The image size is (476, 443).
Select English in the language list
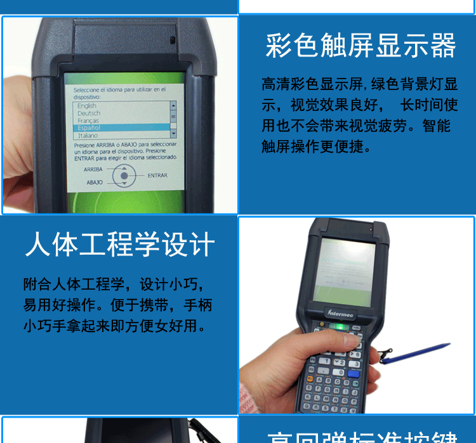87,106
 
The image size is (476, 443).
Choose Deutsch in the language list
88,113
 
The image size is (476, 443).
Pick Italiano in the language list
88,135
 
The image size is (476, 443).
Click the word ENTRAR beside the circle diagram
157,175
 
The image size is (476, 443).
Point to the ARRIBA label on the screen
93,169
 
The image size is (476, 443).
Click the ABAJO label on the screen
94,182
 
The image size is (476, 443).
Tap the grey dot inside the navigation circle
124,176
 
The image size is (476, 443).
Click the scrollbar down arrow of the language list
173,135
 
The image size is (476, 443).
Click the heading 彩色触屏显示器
360,46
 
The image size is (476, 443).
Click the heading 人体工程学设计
120,245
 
